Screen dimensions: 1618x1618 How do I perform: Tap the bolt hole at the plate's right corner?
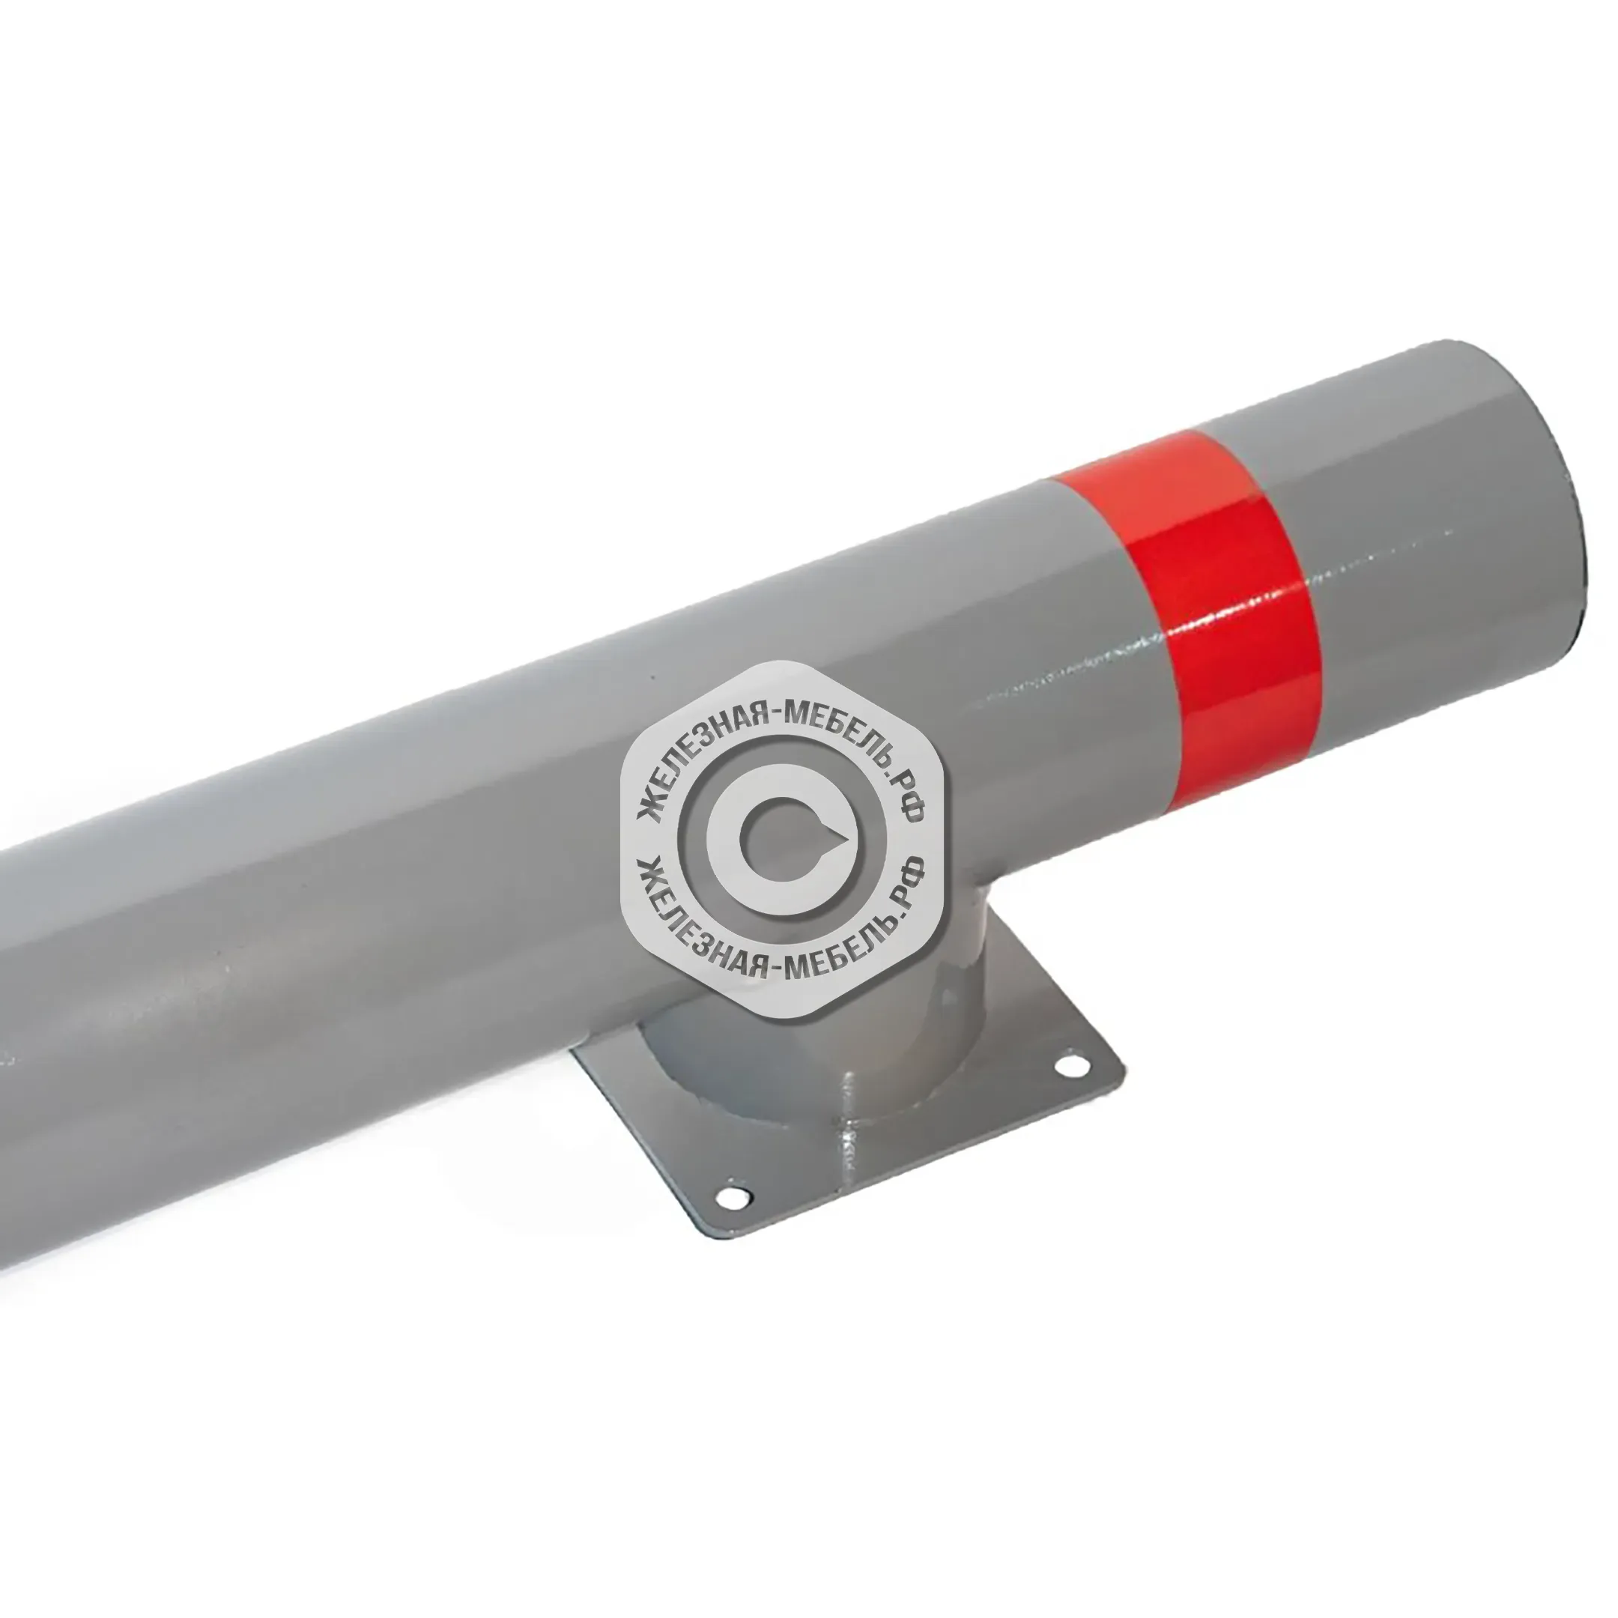pos(1069,1065)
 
